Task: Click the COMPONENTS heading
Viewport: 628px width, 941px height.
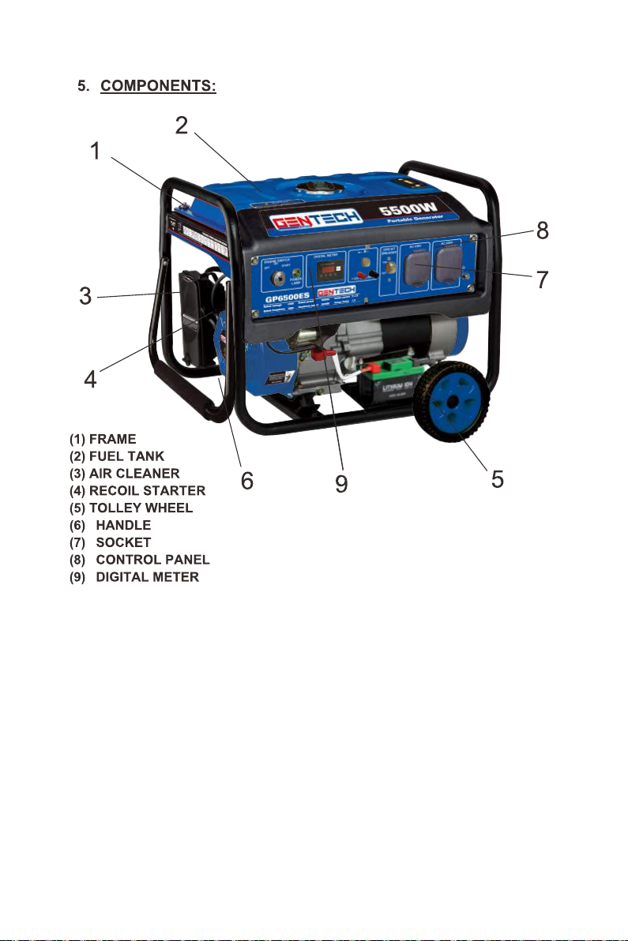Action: [x=157, y=86]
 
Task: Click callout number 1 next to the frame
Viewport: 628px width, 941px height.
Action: [x=95, y=152]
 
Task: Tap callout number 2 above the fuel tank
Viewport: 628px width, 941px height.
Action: [x=182, y=125]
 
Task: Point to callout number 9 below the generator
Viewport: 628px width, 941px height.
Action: [x=341, y=482]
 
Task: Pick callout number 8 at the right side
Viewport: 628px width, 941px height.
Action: [x=540, y=231]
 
